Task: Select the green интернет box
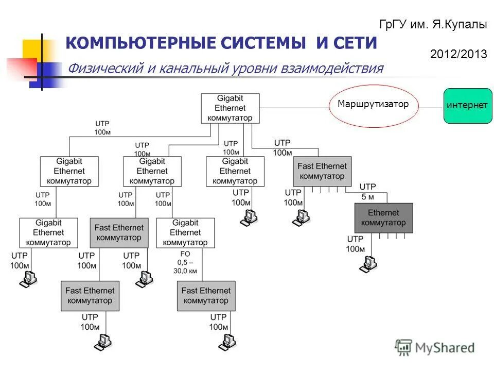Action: [467, 106]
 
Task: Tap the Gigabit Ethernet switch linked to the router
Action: [230, 108]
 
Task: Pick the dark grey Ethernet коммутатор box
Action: [383, 217]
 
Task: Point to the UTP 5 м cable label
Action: [367, 191]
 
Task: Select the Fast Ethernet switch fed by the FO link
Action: [206, 296]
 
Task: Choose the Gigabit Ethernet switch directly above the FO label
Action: [185, 232]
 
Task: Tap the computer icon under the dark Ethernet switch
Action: [368, 263]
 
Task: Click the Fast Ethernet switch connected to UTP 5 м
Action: [322, 171]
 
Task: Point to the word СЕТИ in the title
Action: [355, 44]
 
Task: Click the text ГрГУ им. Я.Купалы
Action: [433, 25]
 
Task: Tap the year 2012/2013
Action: [458, 55]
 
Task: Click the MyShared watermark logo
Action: [435, 348]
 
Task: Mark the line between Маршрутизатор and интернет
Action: [431, 108]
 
